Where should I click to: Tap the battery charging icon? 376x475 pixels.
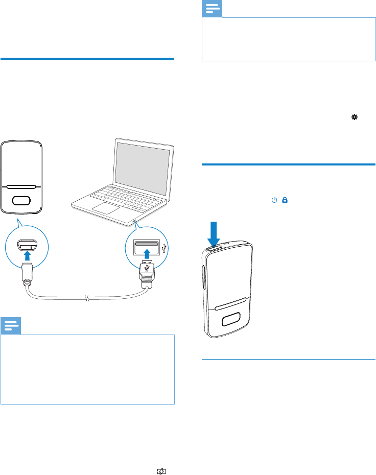pyautogui.click(x=162, y=458)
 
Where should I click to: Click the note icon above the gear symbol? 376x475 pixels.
pyautogui.click(x=212, y=8)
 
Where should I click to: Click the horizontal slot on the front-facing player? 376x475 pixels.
pyautogui.click(x=21, y=187)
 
